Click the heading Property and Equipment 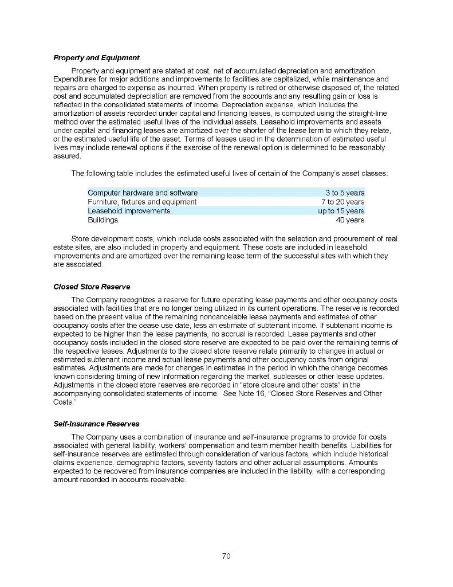[x=96, y=58]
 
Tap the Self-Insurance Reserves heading [x=96, y=424]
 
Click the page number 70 [x=226, y=555]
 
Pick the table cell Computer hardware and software [x=143, y=193]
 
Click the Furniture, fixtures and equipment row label [x=142, y=202]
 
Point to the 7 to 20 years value [x=342, y=202]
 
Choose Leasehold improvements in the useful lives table [x=129, y=211]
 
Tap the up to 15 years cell [x=341, y=211]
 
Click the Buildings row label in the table [x=103, y=220]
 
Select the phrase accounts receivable [x=158, y=479]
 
